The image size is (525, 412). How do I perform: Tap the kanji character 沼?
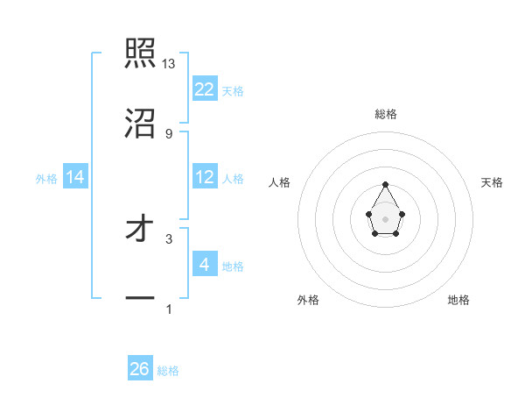point(140,123)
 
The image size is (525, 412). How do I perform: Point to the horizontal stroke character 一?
point(140,298)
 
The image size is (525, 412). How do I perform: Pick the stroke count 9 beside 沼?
point(169,133)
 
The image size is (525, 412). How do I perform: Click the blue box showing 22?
point(205,89)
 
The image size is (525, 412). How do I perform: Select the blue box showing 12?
point(205,176)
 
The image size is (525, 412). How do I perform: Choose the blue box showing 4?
point(205,264)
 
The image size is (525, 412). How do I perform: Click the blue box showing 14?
point(75,176)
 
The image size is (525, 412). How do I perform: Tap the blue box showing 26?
point(140,369)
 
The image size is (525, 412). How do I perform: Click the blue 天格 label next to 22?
point(233,90)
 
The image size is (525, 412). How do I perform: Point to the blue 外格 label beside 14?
point(46,178)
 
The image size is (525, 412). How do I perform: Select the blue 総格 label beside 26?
point(168,371)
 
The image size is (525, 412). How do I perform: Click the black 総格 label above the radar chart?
point(386,114)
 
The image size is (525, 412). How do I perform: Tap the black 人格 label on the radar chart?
point(280,182)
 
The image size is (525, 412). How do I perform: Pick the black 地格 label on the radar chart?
point(458,300)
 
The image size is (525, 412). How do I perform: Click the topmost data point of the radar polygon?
point(386,184)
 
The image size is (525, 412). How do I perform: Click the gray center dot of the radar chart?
point(386,218)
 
